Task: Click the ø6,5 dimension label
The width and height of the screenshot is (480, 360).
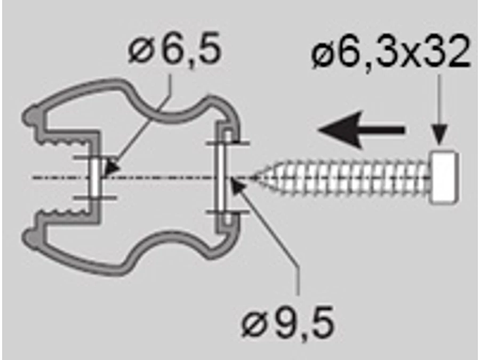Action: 174,49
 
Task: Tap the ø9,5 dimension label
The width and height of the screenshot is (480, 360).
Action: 288,322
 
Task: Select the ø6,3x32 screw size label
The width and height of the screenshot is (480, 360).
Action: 390,53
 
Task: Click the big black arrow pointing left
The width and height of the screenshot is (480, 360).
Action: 361,130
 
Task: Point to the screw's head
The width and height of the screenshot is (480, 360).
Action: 444,177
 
